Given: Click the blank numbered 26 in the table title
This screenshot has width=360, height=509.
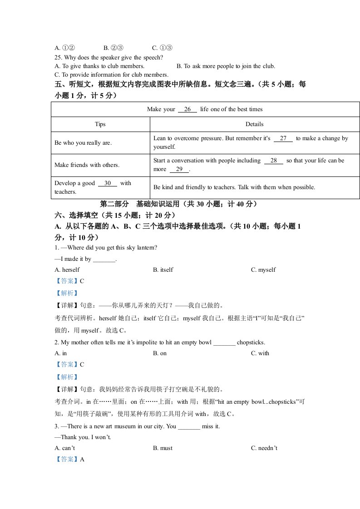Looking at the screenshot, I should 187,109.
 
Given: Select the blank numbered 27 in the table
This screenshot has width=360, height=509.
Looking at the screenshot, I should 283,138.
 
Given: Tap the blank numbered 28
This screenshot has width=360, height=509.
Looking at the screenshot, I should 273,161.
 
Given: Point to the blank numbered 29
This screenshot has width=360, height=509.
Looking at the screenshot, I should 179,169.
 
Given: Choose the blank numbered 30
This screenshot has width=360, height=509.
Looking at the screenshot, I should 108,183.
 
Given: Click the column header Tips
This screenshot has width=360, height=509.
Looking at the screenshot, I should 100,124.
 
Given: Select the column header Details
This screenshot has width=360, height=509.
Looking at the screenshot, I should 254,124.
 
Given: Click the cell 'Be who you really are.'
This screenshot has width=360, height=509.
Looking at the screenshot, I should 83,143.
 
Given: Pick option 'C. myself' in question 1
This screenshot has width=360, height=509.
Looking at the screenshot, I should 263,270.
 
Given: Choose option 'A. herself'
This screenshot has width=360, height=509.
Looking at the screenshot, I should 67,270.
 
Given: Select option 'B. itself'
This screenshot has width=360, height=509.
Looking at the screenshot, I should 163,270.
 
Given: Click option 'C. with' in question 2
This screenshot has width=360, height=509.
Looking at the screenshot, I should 260,353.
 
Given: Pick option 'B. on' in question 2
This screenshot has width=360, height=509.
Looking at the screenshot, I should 160,353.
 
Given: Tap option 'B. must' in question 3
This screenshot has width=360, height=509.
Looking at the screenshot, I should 163,448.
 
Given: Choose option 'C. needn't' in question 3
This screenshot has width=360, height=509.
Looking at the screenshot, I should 264,448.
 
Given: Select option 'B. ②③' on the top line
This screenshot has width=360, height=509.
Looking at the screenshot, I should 113,48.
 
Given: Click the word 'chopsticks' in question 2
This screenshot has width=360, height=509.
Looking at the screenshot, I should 251,343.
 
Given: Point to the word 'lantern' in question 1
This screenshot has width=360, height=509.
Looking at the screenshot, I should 148,248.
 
